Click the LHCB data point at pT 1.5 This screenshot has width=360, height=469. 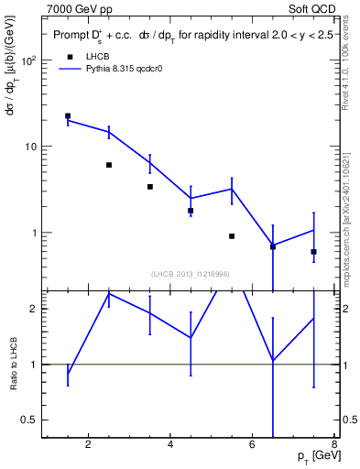coord(68,116)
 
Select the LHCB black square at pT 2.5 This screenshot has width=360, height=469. coord(109,165)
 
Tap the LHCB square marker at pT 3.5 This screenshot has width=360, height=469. coord(150,187)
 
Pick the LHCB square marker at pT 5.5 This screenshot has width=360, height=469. coord(232,236)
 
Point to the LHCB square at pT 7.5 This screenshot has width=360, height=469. coord(313,252)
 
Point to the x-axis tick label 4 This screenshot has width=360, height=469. coord(171,445)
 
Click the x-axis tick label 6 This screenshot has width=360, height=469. coord(253,445)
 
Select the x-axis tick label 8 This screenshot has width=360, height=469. coord(335,445)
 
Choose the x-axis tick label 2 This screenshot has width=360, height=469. coord(89,445)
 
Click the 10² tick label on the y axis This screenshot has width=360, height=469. coord(27,61)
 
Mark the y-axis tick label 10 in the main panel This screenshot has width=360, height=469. coord(29,147)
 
